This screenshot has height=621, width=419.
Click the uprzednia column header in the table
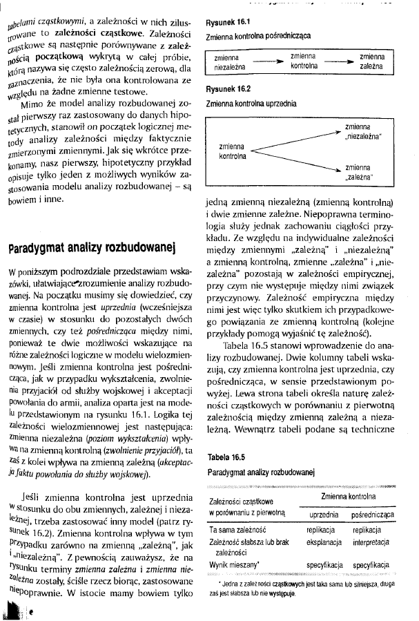(x=323, y=515)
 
